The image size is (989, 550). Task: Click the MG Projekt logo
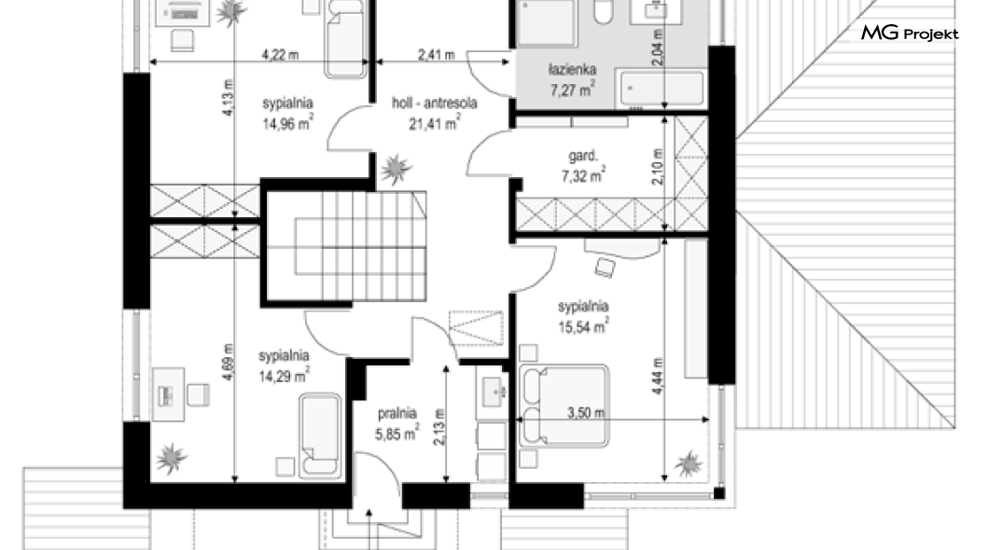(910, 33)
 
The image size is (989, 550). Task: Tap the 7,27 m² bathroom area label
(572, 89)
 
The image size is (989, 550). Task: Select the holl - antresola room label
(435, 103)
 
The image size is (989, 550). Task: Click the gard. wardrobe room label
(583, 157)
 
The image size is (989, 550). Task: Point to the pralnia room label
(397, 414)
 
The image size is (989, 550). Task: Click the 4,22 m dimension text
(280, 55)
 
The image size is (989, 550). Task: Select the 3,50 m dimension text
(586, 413)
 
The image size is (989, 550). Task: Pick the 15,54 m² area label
(583, 326)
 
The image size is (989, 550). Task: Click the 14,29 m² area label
(284, 376)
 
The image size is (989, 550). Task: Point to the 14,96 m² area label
(287, 122)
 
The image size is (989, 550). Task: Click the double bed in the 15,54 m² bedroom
(564, 406)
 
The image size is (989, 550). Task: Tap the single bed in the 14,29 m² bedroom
(320, 434)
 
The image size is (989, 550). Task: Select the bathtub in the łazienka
(662, 88)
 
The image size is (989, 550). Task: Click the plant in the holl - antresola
(397, 168)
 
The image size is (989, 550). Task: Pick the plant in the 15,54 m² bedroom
(689, 464)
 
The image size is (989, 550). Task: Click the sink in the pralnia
(493, 392)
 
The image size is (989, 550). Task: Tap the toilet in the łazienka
(604, 11)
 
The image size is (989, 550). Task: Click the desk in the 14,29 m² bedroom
(168, 394)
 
